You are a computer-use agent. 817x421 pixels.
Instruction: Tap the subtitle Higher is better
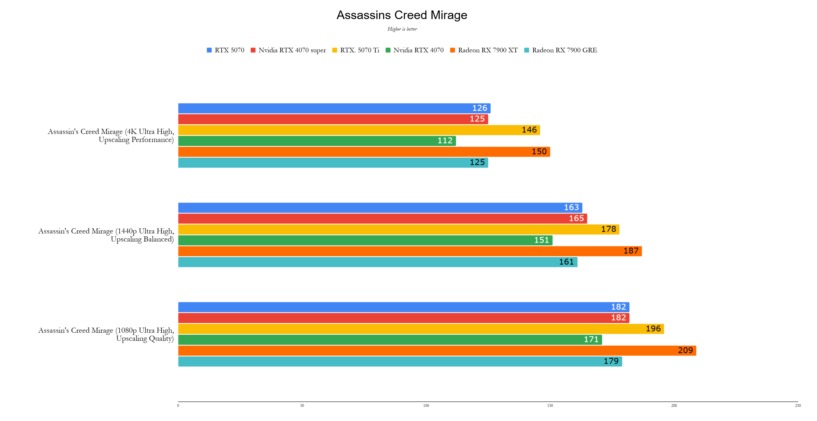[402, 29]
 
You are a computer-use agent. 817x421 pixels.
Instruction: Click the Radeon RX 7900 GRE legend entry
[560, 50]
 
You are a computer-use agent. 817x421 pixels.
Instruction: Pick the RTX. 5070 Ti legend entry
[356, 50]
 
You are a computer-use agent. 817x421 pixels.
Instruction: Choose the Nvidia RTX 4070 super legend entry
[288, 50]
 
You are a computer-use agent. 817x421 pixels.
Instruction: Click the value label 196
[653, 329]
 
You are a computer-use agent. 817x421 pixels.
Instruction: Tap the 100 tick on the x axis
[426, 405]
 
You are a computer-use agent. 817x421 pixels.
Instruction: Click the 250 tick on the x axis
[798, 405]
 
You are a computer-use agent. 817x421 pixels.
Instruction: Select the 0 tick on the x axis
[178, 405]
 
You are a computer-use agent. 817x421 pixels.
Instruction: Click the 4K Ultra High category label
[111, 135]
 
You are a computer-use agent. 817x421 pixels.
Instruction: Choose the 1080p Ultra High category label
[106, 334]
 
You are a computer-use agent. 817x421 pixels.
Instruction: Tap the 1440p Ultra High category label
[106, 235]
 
